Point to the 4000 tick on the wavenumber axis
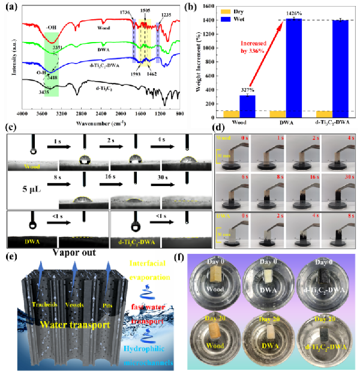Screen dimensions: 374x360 pos(23,113)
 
